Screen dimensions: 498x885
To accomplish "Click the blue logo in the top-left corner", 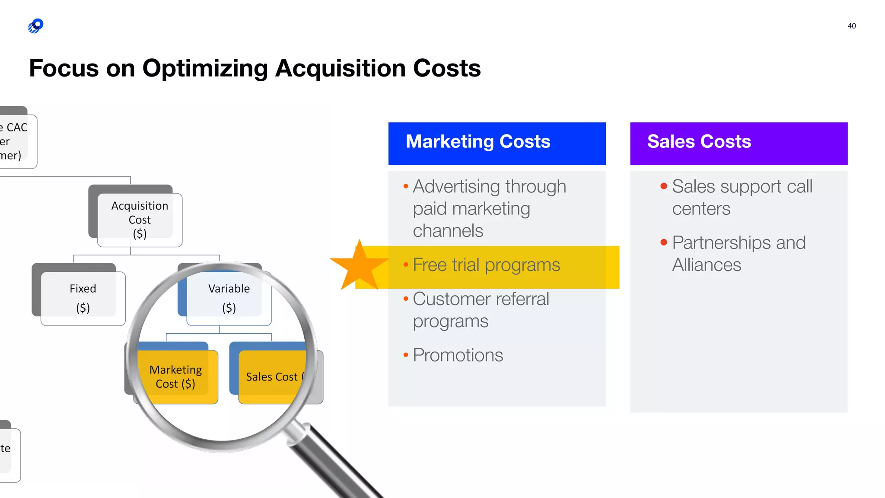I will click(36, 26).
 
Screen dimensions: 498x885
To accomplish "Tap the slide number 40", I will click(851, 26).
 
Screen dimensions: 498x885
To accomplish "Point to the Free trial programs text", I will click(486, 265).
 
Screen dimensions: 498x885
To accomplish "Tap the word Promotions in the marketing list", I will click(458, 355).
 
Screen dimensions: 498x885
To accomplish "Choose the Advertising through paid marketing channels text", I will click(489, 208).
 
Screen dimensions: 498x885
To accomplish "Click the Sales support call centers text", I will click(742, 198).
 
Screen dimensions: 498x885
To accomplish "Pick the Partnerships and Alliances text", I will click(739, 254).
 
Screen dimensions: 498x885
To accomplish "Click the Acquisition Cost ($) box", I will click(140, 220).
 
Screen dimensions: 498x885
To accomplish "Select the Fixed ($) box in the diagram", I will click(83, 298).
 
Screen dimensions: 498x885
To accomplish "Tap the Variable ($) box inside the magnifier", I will click(229, 298).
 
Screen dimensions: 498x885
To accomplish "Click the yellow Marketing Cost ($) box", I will click(175, 377).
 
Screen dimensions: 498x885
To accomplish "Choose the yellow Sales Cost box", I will click(272, 377).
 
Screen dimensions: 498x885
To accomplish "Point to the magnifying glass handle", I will click(337, 463).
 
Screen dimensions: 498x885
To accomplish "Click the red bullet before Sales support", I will click(664, 186).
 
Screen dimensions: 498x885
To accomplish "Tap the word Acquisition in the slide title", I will click(340, 68).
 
